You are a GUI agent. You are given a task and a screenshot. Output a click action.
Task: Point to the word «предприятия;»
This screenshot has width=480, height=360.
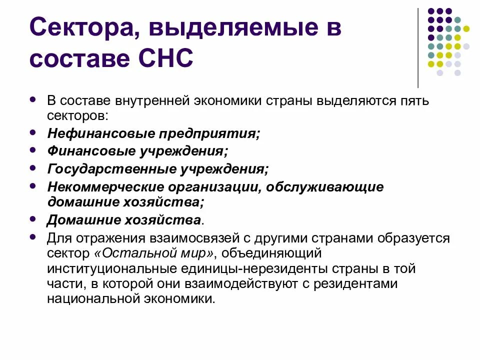point(210,134)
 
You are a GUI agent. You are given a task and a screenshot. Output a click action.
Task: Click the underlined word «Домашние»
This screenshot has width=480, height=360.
point(81,220)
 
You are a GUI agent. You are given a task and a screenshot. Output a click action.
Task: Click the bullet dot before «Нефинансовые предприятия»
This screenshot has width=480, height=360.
point(33,133)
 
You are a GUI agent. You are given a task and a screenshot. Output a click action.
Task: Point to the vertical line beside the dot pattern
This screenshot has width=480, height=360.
point(418,47)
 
